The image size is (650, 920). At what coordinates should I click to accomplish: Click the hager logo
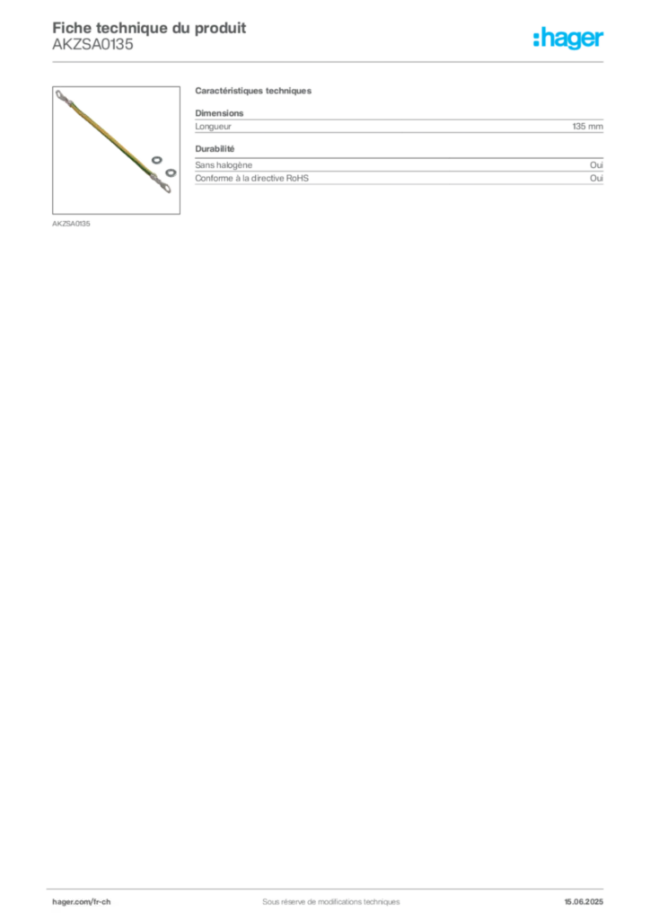click(568, 38)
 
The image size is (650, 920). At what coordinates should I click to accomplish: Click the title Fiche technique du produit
click(149, 28)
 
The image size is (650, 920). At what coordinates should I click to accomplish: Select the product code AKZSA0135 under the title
click(92, 44)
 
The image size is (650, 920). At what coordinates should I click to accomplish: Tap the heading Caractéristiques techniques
click(253, 91)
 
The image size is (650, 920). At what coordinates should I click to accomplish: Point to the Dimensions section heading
click(219, 112)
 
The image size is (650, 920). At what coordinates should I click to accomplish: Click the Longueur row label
click(214, 126)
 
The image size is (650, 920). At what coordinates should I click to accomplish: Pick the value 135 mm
click(587, 126)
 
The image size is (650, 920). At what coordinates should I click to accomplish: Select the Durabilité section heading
click(215, 148)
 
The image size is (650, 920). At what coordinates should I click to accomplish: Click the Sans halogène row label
click(224, 165)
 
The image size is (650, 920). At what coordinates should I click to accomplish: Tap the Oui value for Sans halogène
click(596, 165)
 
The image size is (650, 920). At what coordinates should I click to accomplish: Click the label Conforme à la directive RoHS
click(251, 178)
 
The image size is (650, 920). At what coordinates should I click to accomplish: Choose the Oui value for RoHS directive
click(596, 178)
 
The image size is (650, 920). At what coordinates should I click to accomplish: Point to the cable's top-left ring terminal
click(60, 93)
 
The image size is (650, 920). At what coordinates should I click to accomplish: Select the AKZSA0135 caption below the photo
click(71, 224)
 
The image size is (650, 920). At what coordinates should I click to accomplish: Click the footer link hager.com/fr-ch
click(81, 902)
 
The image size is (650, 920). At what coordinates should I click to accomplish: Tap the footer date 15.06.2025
click(584, 902)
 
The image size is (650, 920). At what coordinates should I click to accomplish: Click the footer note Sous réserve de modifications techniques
click(331, 902)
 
